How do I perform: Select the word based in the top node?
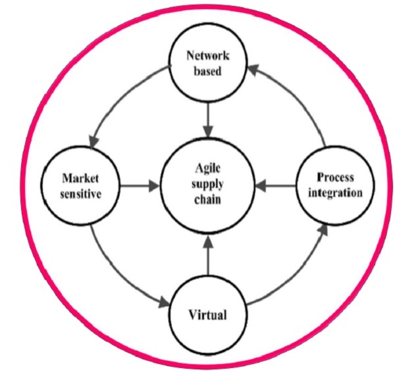point(208,71)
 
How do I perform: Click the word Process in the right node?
point(334,178)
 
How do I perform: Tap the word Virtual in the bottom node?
point(207,314)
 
